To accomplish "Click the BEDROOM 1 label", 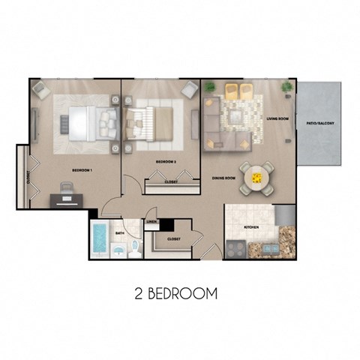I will (82, 170).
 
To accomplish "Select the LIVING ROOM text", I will (277, 118).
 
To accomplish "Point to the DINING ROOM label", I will (224, 178).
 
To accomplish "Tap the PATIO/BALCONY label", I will (320, 124).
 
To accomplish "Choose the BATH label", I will (120, 233).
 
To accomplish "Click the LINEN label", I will (151, 222).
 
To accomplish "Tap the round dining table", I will (257, 178).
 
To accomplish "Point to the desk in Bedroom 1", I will (64, 198).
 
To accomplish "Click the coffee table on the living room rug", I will (238, 116).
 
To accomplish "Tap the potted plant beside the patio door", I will (286, 88).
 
